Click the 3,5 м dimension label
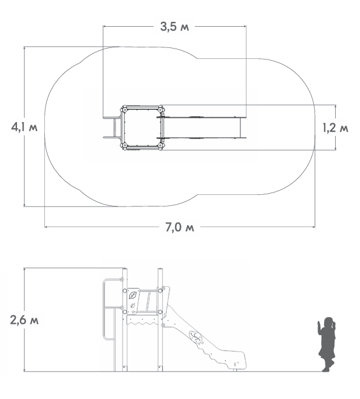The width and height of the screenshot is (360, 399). click(x=174, y=27)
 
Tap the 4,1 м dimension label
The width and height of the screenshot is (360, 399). click(x=24, y=127)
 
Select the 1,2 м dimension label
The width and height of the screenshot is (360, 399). click(x=335, y=128)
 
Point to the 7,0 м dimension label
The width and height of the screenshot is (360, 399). click(x=180, y=227)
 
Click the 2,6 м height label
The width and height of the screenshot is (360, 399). click(x=24, y=320)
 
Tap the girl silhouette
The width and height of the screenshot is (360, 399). click(x=327, y=344)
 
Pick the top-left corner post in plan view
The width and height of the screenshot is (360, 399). click(x=124, y=109)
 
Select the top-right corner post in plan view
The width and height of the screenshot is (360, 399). click(x=160, y=109)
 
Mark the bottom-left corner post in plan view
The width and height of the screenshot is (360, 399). click(x=124, y=146)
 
